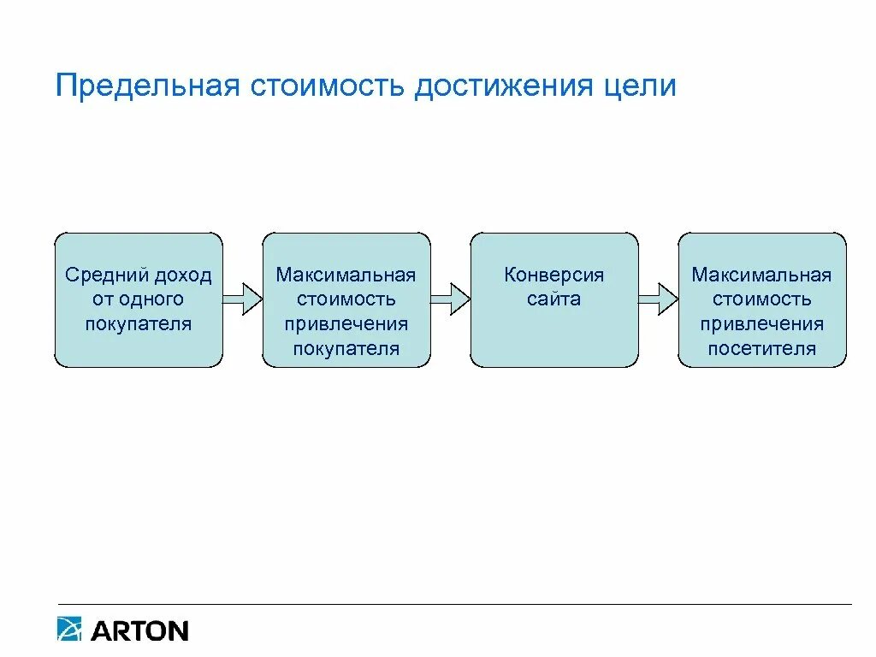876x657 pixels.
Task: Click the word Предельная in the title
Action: [x=146, y=86]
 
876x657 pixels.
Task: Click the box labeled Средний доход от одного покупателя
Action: [x=139, y=300]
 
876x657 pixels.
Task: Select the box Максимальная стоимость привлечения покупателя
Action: [x=346, y=300]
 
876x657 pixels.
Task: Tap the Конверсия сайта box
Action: [x=554, y=300]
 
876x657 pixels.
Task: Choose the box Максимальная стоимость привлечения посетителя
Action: [x=762, y=300]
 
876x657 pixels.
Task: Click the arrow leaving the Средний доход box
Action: [x=242, y=299]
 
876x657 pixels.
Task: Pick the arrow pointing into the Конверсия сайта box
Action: [x=450, y=299]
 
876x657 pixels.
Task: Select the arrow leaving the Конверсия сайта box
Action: [x=658, y=299]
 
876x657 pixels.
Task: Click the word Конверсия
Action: [x=554, y=275]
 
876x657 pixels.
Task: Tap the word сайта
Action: [x=554, y=299]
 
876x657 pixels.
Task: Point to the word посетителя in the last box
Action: [x=762, y=348]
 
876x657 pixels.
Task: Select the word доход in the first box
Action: [x=181, y=275]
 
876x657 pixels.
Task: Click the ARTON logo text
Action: [x=139, y=631]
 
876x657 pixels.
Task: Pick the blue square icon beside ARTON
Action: [x=69, y=630]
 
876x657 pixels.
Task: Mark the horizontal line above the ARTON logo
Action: [x=453, y=605]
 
